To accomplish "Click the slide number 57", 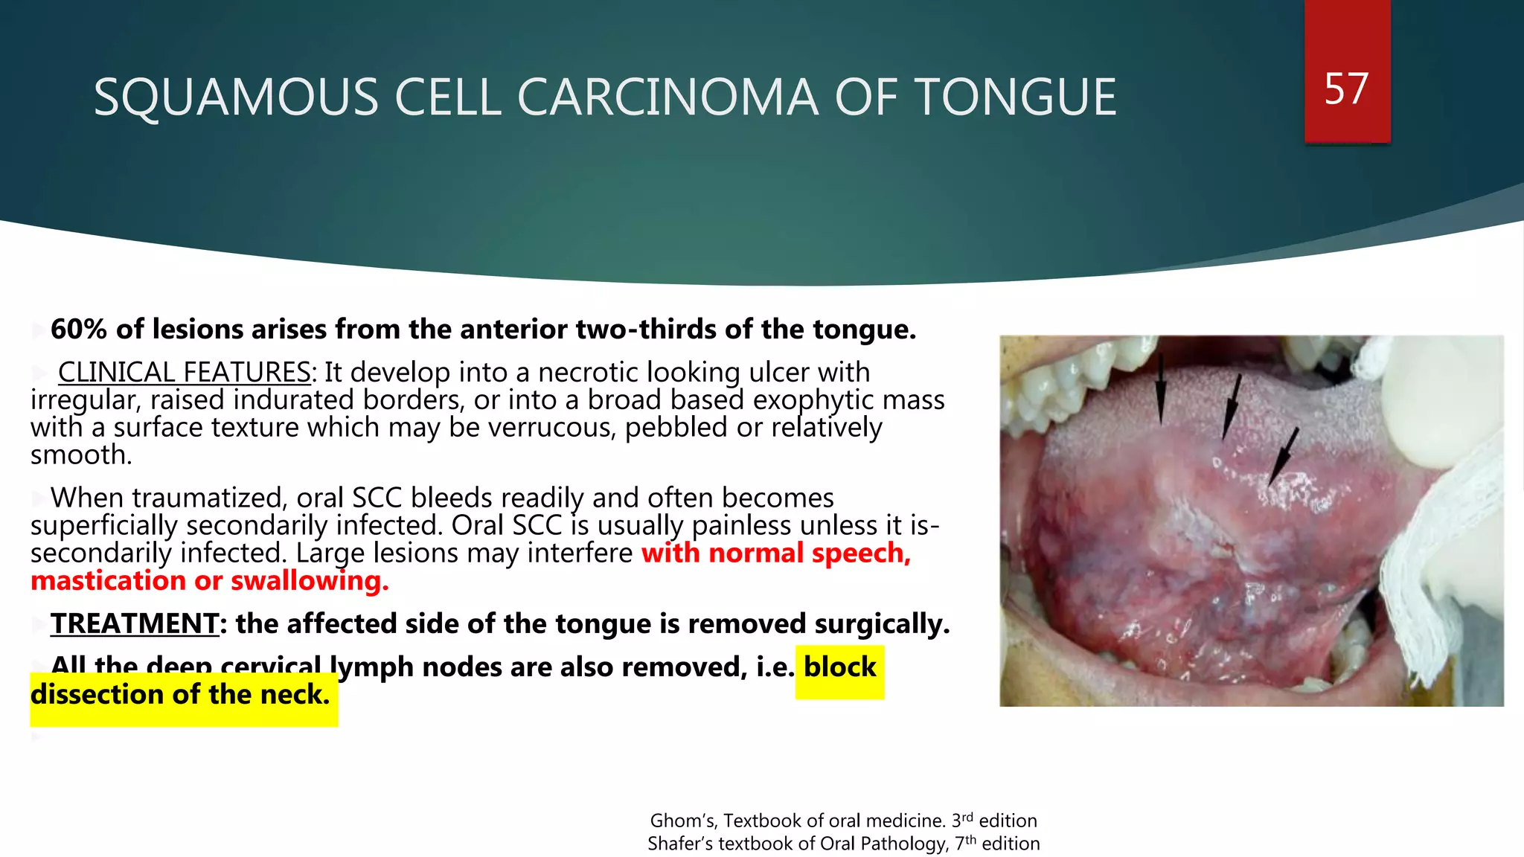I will pyautogui.click(x=1346, y=89).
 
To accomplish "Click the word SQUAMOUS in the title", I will pyautogui.click(x=236, y=97).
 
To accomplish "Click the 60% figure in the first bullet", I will pyautogui.click(x=79, y=330).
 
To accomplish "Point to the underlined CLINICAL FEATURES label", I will pyautogui.click(x=185, y=372).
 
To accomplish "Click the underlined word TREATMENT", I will pyautogui.click(x=135, y=623).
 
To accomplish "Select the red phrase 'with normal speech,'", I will pyautogui.click(x=776, y=553).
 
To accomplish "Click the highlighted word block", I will pyautogui.click(x=839, y=667).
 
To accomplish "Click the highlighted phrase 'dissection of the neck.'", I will pyautogui.click(x=180, y=695).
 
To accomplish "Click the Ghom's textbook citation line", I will pyautogui.click(x=843, y=821).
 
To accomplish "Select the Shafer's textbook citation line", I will pyautogui.click(x=843, y=844).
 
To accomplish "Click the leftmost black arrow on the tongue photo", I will pyautogui.click(x=1160, y=391).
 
